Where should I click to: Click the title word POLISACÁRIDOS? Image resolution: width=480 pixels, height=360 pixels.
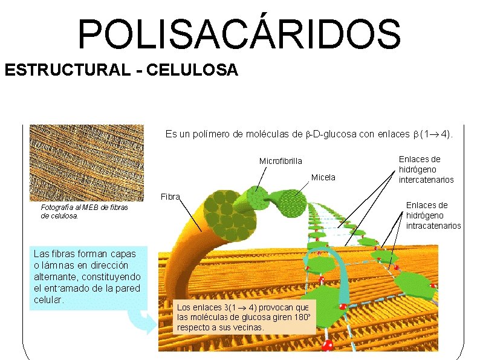239,34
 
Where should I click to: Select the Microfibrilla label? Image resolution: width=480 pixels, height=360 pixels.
280,161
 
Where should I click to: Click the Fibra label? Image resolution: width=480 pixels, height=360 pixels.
170,197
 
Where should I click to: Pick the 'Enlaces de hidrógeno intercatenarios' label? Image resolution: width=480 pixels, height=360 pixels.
426,169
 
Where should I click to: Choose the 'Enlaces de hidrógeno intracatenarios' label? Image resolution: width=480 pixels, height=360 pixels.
433,215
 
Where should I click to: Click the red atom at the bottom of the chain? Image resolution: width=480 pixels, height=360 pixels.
328,345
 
